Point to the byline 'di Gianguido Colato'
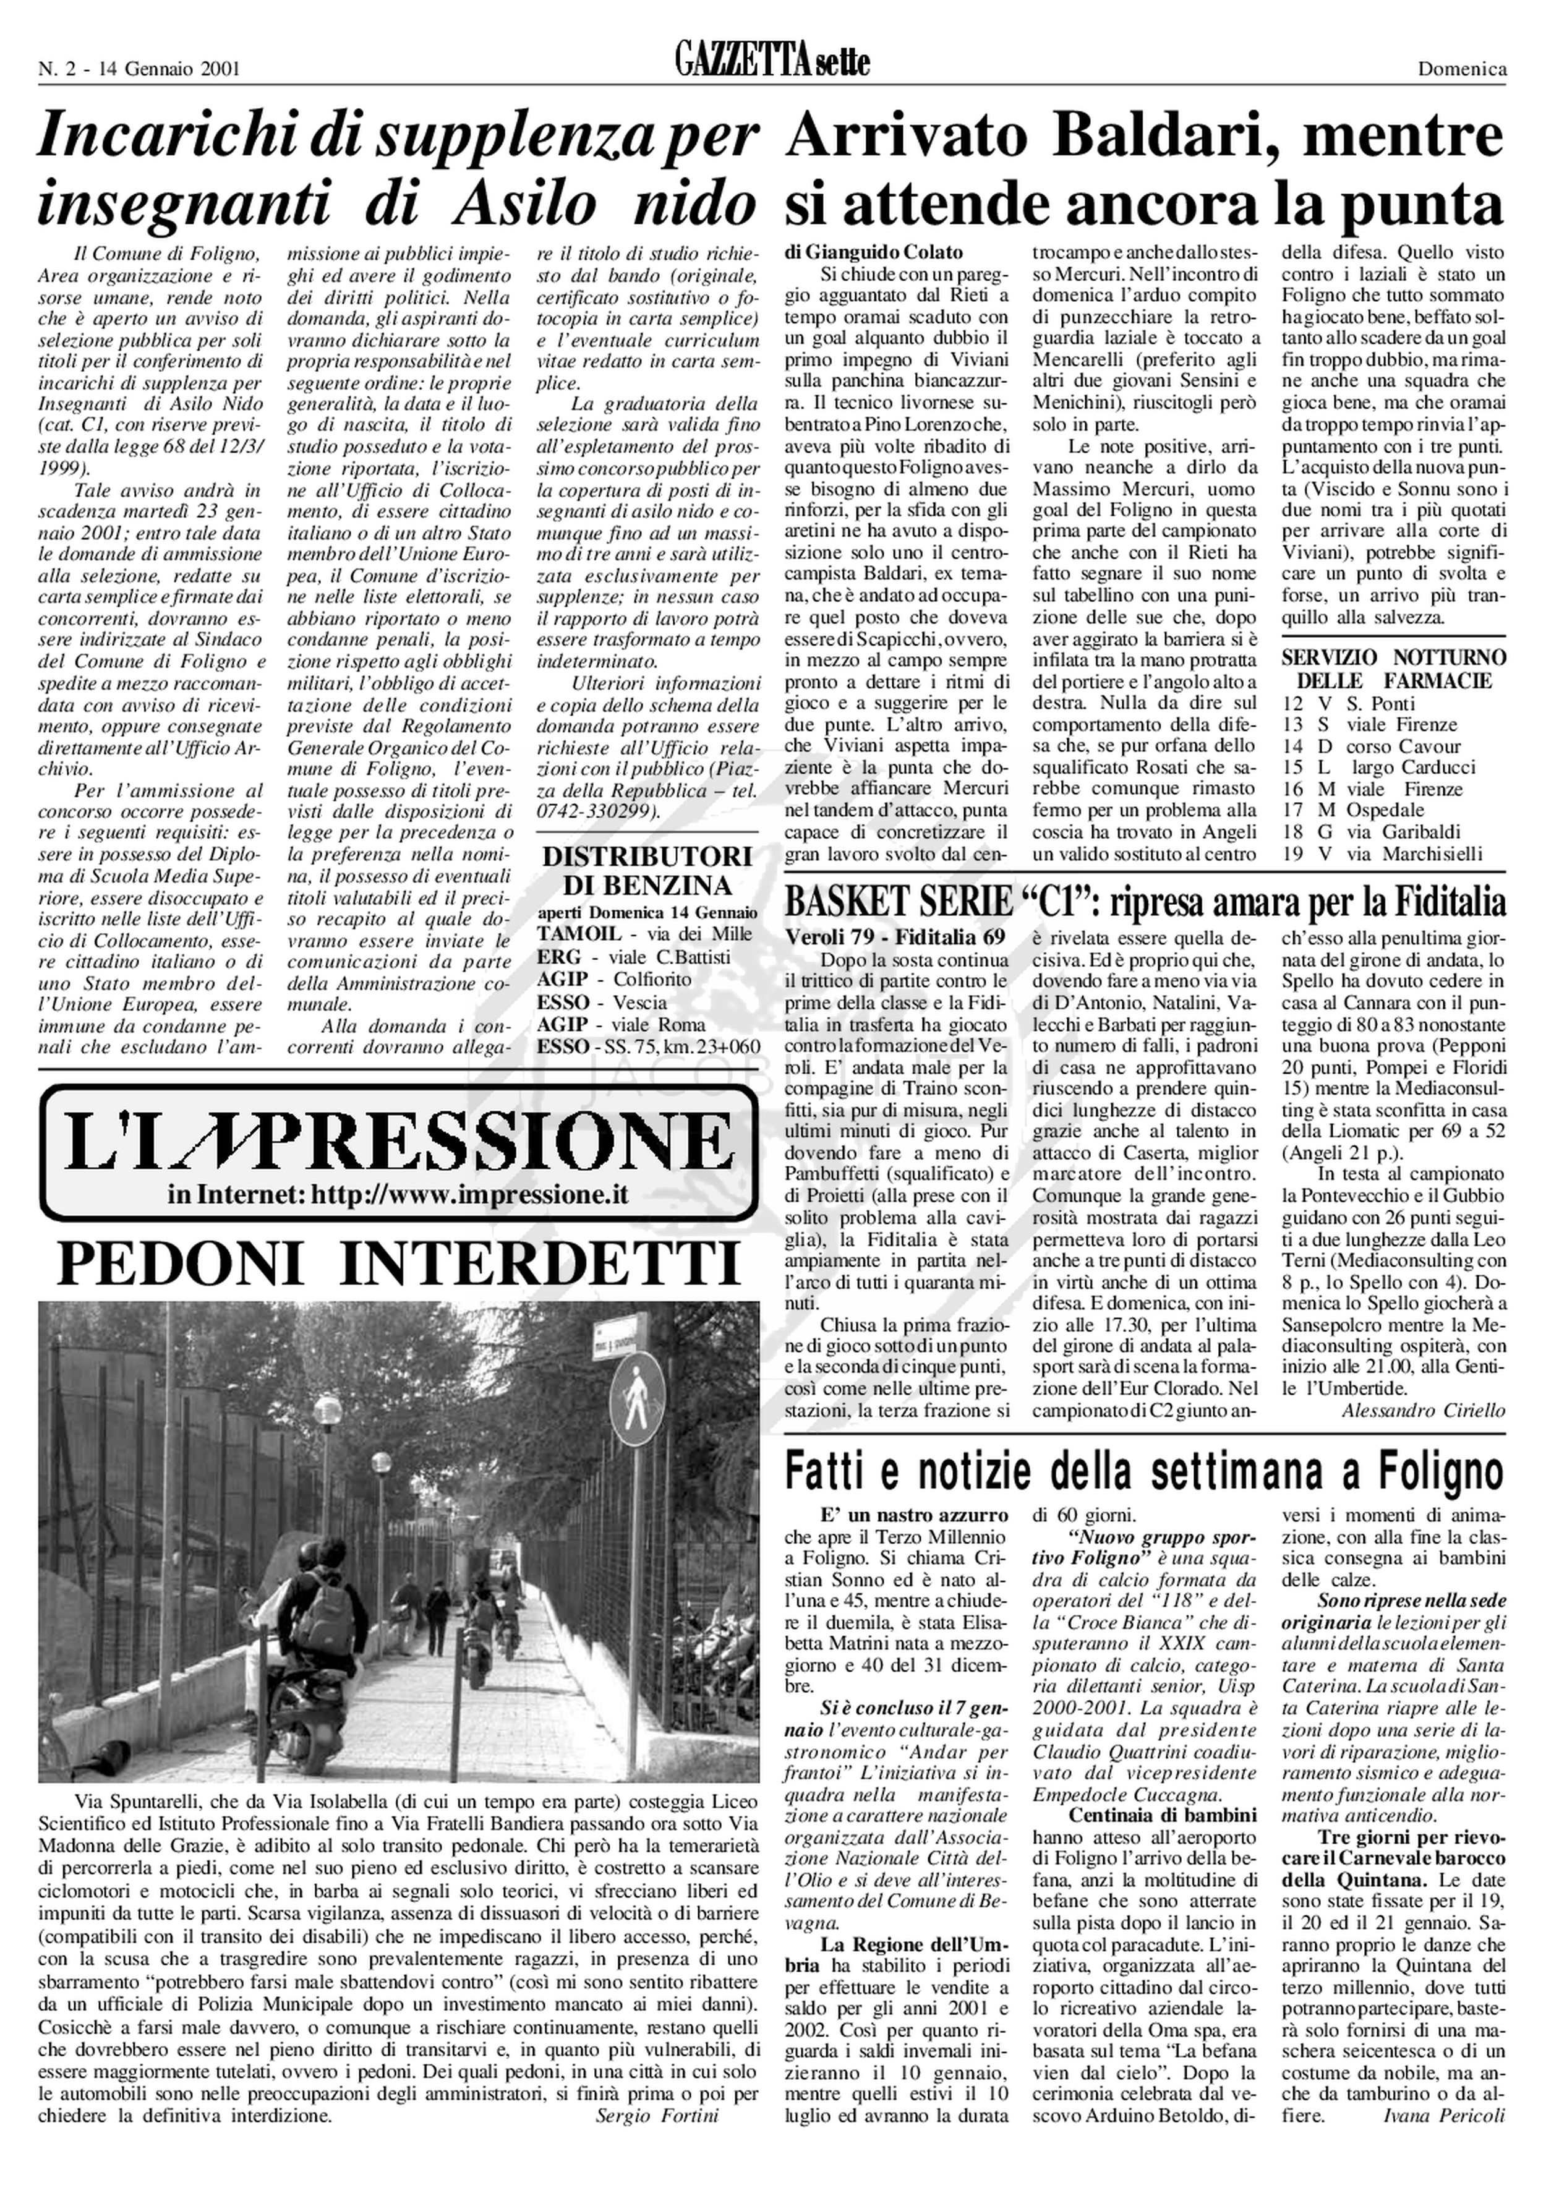coord(874,252)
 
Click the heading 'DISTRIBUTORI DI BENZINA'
coord(647,870)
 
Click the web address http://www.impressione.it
coord(469,1195)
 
